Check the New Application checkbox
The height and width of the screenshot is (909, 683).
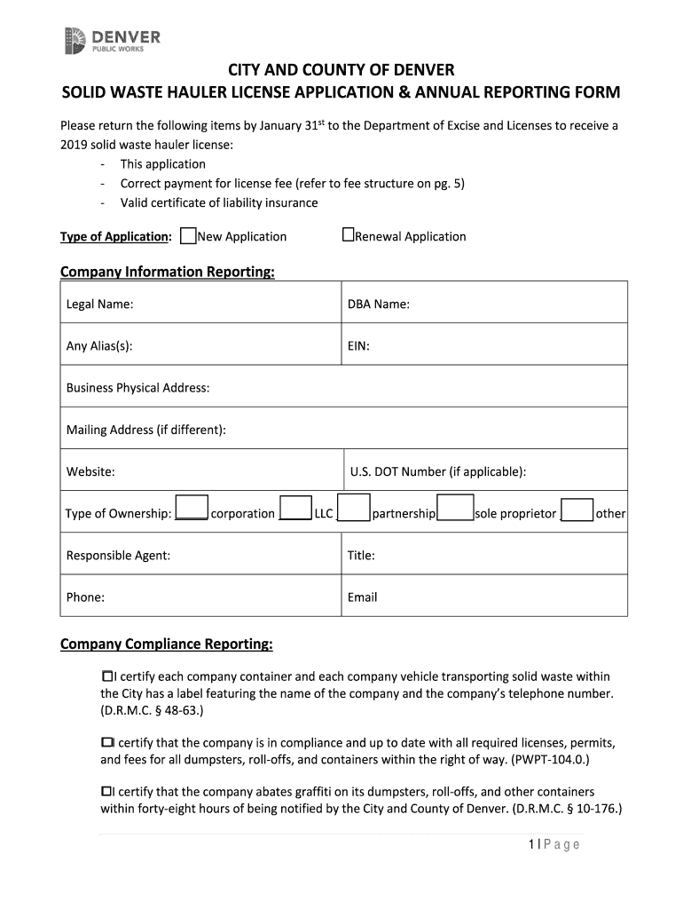pyautogui.click(x=188, y=236)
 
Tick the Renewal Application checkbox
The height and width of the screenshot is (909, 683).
pyautogui.click(x=348, y=235)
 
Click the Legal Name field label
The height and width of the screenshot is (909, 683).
pyautogui.click(x=99, y=304)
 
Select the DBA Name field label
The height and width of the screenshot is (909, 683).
pyautogui.click(x=378, y=304)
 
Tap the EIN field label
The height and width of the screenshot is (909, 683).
pyautogui.click(x=358, y=346)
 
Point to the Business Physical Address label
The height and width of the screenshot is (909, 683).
pyautogui.click(x=137, y=388)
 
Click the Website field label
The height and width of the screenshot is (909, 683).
pyautogui.click(x=90, y=471)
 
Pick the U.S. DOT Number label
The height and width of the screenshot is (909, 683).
pyautogui.click(x=437, y=471)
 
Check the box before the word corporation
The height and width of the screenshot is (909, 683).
pyautogui.click(x=192, y=508)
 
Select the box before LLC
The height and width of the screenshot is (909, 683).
pyautogui.click(x=296, y=508)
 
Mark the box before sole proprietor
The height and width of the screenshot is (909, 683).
pyautogui.click(x=456, y=508)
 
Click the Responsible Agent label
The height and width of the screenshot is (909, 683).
pyautogui.click(x=118, y=556)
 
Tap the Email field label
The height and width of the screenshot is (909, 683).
pyautogui.click(x=362, y=597)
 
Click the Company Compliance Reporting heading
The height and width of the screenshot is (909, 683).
pyautogui.click(x=166, y=644)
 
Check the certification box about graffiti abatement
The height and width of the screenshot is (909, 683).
pyautogui.click(x=106, y=791)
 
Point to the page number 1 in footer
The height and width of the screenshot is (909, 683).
pyautogui.click(x=529, y=844)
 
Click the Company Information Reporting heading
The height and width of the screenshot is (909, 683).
pyautogui.click(x=167, y=272)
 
